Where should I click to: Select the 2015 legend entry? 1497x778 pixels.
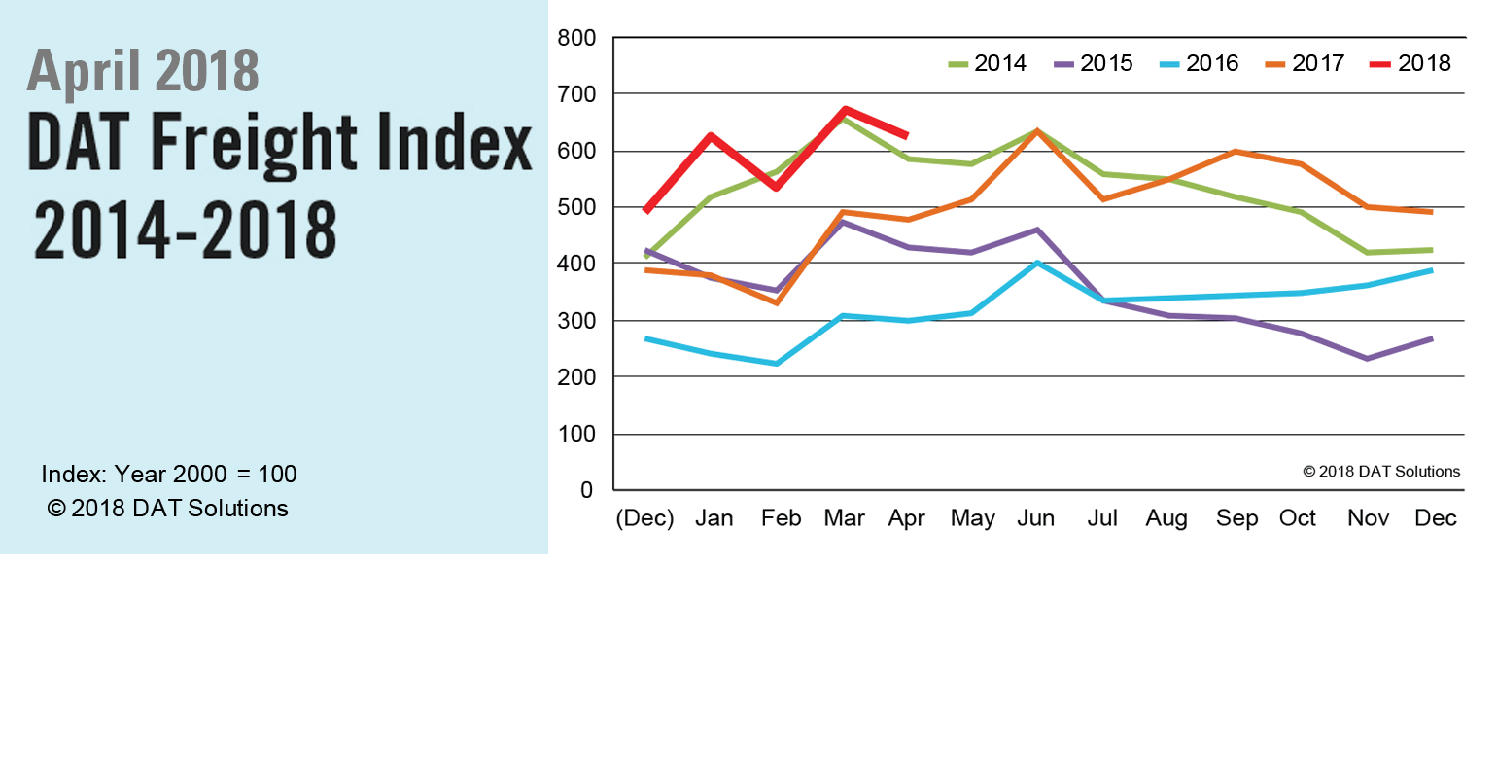pyautogui.click(x=1095, y=63)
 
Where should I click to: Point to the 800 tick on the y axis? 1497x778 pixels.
pyautogui.click(x=576, y=39)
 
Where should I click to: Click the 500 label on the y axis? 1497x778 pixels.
pyautogui.click(x=576, y=208)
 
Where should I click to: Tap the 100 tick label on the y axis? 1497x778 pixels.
pyautogui.click(x=576, y=434)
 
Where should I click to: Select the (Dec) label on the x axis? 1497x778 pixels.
pyautogui.click(x=645, y=518)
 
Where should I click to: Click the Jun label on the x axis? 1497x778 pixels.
pyautogui.click(x=1036, y=518)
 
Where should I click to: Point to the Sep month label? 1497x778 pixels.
pyautogui.click(x=1236, y=518)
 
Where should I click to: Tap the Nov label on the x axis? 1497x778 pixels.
pyautogui.click(x=1368, y=518)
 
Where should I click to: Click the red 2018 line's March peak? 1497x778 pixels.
pyautogui.click(x=845, y=110)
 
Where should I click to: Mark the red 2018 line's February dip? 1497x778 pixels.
pyautogui.click(x=777, y=187)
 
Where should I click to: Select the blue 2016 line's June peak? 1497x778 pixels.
pyautogui.click(x=1038, y=263)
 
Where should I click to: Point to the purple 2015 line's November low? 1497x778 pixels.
pyautogui.click(x=1368, y=359)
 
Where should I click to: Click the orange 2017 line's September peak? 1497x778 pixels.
pyautogui.click(x=1235, y=152)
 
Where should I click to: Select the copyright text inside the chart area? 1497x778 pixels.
pyautogui.click(x=1381, y=472)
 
